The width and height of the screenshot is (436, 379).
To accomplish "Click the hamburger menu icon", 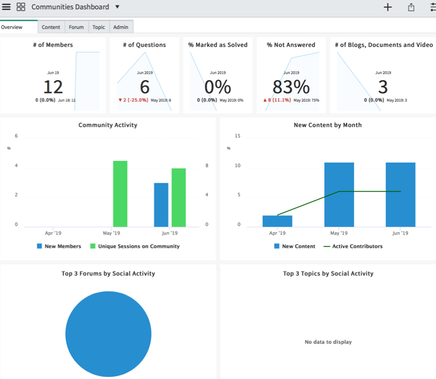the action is click(6, 7).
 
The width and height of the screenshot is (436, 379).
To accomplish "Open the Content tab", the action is click(51, 27).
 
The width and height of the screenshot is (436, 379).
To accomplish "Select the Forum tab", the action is click(76, 27).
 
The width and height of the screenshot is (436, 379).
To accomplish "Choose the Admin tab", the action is click(120, 27).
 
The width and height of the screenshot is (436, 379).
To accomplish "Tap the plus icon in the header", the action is click(387, 7).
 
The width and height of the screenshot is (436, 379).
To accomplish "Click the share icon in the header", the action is click(411, 7).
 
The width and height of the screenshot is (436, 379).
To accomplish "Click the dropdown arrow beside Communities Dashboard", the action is click(117, 7).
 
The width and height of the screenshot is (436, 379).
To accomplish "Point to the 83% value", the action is click(291, 87).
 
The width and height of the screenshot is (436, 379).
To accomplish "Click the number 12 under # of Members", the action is click(53, 87).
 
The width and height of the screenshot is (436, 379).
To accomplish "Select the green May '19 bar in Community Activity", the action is click(120, 194).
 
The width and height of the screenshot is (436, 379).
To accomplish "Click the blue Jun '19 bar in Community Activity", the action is click(161, 205).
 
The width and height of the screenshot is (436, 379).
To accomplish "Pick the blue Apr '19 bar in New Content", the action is click(277, 221).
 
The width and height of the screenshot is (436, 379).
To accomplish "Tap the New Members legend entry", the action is click(59, 246).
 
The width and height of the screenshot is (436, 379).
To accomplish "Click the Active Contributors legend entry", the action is click(353, 246).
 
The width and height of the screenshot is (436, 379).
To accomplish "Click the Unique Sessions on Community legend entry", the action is click(135, 246).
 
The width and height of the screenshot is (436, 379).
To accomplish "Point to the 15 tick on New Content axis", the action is click(238, 136).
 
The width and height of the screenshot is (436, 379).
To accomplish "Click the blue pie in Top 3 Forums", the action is click(108, 334).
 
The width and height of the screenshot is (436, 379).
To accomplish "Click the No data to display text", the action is click(328, 342).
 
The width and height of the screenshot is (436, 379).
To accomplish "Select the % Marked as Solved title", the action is click(217, 45).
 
